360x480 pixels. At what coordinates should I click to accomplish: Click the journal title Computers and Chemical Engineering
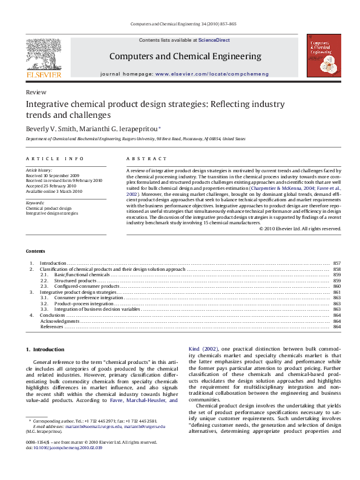[x=185, y=56]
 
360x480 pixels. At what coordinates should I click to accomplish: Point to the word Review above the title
[x=36, y=92]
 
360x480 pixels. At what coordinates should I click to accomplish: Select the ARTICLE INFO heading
[x=54, y=158]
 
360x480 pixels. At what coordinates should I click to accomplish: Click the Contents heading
[x=35, y=251]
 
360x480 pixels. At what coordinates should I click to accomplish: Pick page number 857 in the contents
[x=337, y=264]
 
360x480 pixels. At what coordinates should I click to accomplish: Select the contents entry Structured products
[x=75, y=281]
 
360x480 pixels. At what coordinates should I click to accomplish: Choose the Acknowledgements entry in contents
[x=60, y=321]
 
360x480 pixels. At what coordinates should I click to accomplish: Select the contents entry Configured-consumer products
[x=87, y=286]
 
